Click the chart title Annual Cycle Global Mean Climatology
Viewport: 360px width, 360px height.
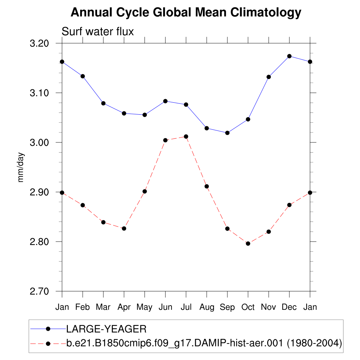pyautogui.click(x=186, y=13)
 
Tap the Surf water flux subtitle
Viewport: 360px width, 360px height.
pyautogui.click(x=98, y=32)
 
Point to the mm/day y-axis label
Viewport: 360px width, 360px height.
pyautogui.click(x=21, y=167)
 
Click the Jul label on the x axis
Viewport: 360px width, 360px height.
pyautogui.click(x=186, y=307)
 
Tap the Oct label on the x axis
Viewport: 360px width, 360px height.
pyautogui.click(x=248, y=307)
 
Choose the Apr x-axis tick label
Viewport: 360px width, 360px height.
pyautogui.click(x=124, y=307)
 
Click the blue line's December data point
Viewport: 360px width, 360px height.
pyautogui.click(x=289, y=56)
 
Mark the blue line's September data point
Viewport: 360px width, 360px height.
pyautogui.click(x=227, y=133)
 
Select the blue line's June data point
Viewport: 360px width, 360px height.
pyautogui.click(x=165, y=101)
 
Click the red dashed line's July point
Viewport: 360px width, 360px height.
pyautogui.click(x=186, y=136)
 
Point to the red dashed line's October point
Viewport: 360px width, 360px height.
pyautogui.click(x=248, y=244)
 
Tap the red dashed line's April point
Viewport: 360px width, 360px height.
pyautogui.click(x=124, y=229)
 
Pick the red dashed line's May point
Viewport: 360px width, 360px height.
pyautogui.click(x=144, y=191)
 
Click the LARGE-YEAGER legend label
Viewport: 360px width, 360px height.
pyautogui.click(x=106, y=329)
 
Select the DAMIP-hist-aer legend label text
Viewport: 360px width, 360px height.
pyautogui.click(x=204, y=342)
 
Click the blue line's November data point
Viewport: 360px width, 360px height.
pyautogui.click(x=269, y=77)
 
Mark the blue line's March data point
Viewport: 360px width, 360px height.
pyautogui.click(x=103, y=103)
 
